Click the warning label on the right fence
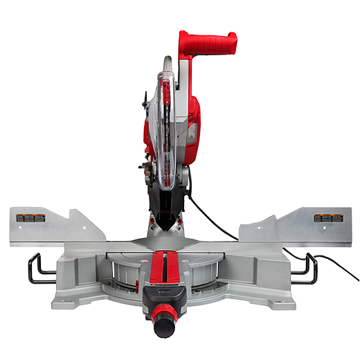[327, 218]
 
